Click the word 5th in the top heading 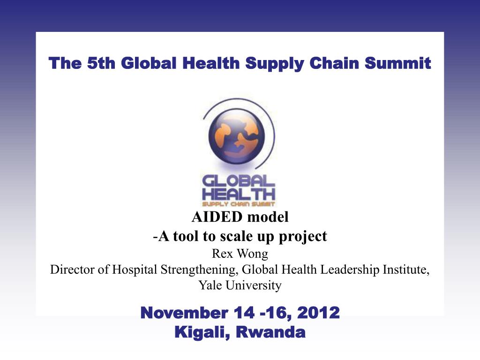click(x=101, y=63)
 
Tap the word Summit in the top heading click(x=397, y=63)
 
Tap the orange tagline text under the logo click(x=239, y=204)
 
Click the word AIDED click(x=217, y=217)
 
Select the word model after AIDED click(x=268, y=217)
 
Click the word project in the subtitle click(x=302, y=237)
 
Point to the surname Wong click(x=253, y=254)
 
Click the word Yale click(x=210, y=285)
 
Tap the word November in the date click(x=184, y=313)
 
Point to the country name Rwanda click(x=270, y=332)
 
